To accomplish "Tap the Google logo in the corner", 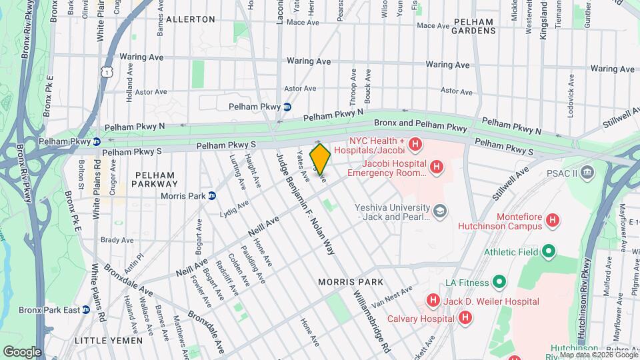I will [22, 351].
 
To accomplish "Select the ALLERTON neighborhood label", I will [190, 20].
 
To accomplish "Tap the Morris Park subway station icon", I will [212, 195].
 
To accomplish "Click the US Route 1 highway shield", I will [105, 70].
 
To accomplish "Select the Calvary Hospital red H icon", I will [465, 318].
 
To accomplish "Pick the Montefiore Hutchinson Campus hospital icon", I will [551, 219].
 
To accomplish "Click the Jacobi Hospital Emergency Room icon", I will [436, 166].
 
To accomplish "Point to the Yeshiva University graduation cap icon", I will [439, 211].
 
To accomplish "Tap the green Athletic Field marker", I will [548, 251].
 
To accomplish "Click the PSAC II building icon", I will [587, 173].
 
